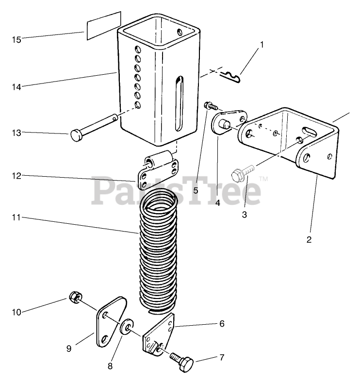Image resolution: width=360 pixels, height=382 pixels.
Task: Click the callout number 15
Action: click(x=16, y=39)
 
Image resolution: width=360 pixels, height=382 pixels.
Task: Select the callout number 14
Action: click(x=16, y=87)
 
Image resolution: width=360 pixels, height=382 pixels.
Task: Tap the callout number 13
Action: click(x=16, y=133)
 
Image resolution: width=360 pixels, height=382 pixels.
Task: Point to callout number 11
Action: click(x=16, y=219)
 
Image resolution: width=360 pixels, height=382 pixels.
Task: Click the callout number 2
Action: click(x=309, y=239)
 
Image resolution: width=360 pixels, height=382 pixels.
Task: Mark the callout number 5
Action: click(x=196, y=190)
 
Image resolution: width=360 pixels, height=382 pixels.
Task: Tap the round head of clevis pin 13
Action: click(x=77, y=135)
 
